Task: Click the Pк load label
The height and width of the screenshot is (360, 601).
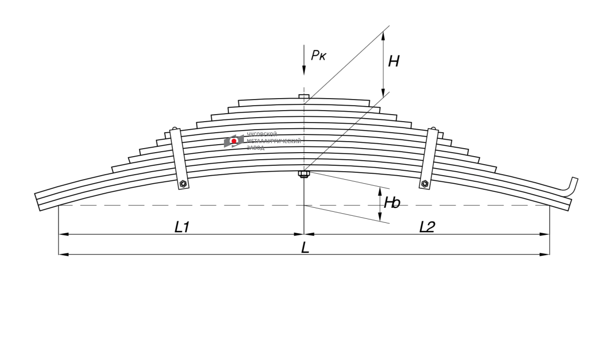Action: pos(319,55)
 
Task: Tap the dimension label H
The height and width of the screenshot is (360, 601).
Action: pos(394,62)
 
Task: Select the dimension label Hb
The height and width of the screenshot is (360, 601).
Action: pos(392,203)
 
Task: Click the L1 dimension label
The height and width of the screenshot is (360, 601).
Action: pos(182,227)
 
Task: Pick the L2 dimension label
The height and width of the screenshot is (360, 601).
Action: pos(427,227)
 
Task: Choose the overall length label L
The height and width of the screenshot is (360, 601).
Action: pos(305,247)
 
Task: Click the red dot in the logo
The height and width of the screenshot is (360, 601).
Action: pos(234,142)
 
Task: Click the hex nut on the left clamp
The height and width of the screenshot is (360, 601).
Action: pos(183,184)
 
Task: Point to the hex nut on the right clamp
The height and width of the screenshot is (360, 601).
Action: pos(425,183)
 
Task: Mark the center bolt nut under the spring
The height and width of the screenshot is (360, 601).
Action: pos(304,174)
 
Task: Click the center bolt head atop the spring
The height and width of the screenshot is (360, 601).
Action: pos(304,96)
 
